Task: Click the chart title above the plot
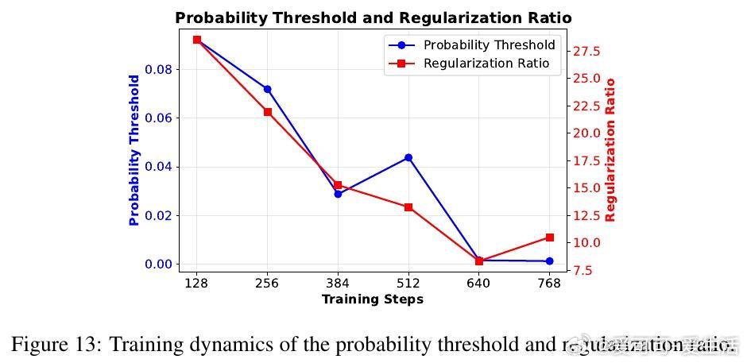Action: tap(373, 17)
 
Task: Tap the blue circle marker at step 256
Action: tap(268, 89)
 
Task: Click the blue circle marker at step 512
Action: tap(408, 157)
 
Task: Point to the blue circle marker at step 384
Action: tap(338, 194)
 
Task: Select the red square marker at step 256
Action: tap(268, 112)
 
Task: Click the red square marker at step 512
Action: tap(408, 207)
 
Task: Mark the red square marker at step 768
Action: tap(549, 237)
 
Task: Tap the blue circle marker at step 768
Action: tap(549, 261)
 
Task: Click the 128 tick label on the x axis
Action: tap(196, 284)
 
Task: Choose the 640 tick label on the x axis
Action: tap(478, 284)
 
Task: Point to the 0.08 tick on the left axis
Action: tap(159, 69)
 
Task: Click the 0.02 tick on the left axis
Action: tap(159, 215)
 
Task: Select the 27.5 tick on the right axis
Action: tap(586, 52)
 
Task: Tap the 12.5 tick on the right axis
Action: tap(586, 216)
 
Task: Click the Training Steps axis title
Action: tap(372, 299)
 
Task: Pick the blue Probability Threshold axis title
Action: tap(134, 151)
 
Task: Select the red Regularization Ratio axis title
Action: tap(610, 149)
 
